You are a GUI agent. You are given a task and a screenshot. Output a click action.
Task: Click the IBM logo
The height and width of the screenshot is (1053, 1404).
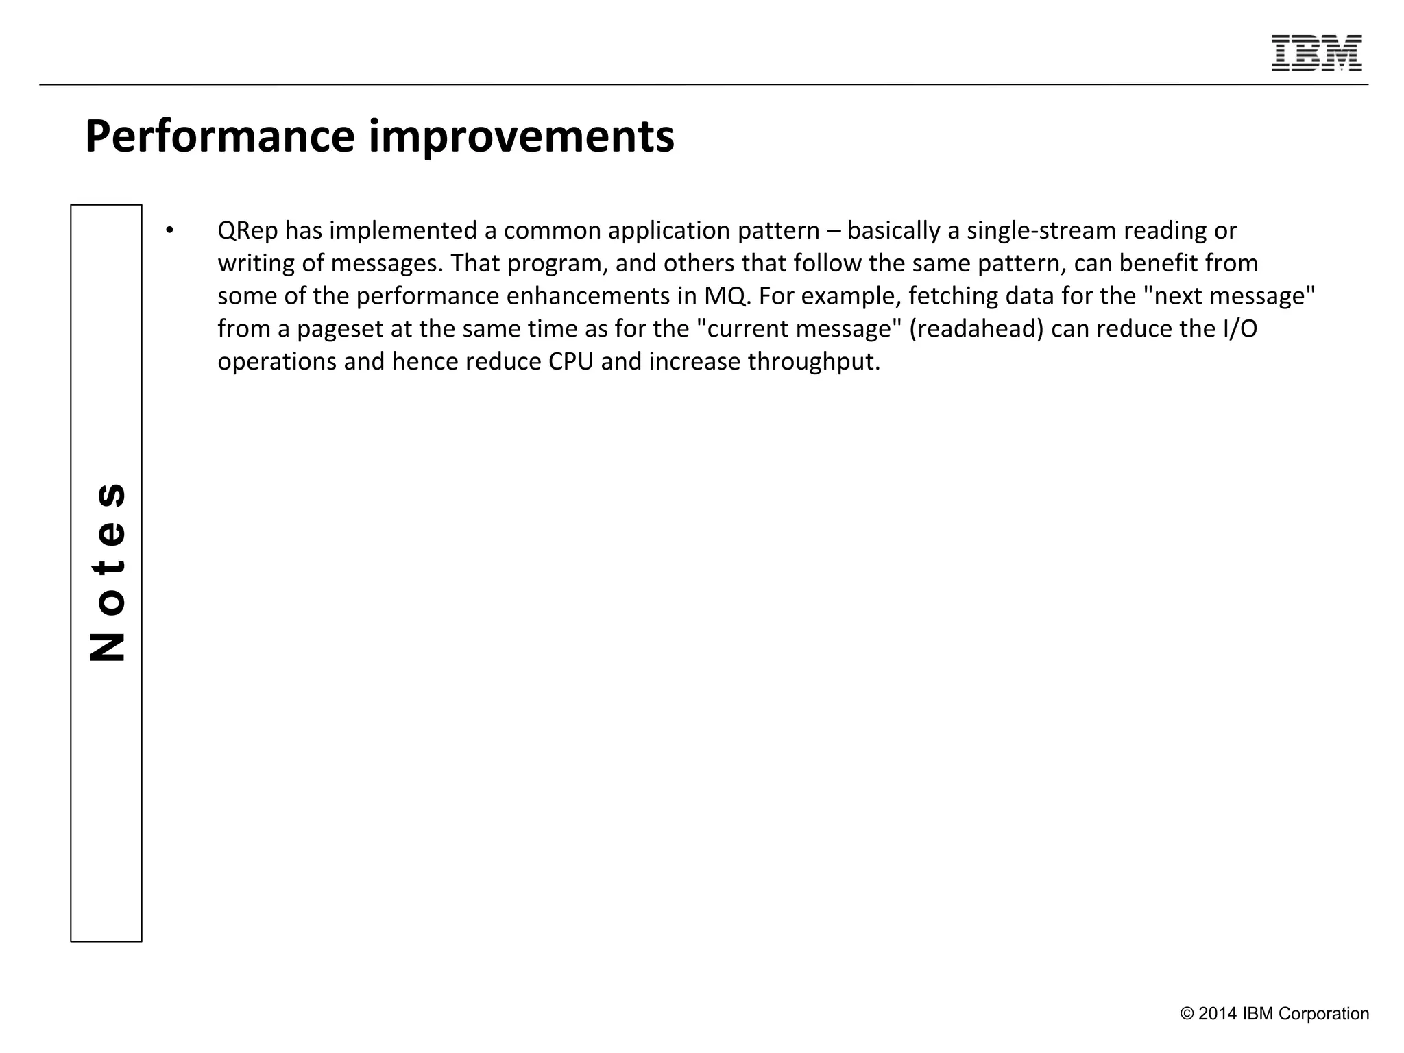point(1316,53)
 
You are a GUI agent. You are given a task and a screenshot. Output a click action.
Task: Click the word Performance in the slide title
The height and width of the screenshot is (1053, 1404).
point(220,136)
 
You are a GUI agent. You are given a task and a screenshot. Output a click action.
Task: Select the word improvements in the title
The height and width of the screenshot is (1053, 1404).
point(522,136)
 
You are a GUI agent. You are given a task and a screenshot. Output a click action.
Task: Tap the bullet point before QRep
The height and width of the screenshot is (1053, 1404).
point(169,230)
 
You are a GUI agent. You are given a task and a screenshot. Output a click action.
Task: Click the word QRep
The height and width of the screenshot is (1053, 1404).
point(247,230)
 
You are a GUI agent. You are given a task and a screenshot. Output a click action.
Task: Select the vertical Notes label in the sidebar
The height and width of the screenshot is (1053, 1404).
point(107,572)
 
